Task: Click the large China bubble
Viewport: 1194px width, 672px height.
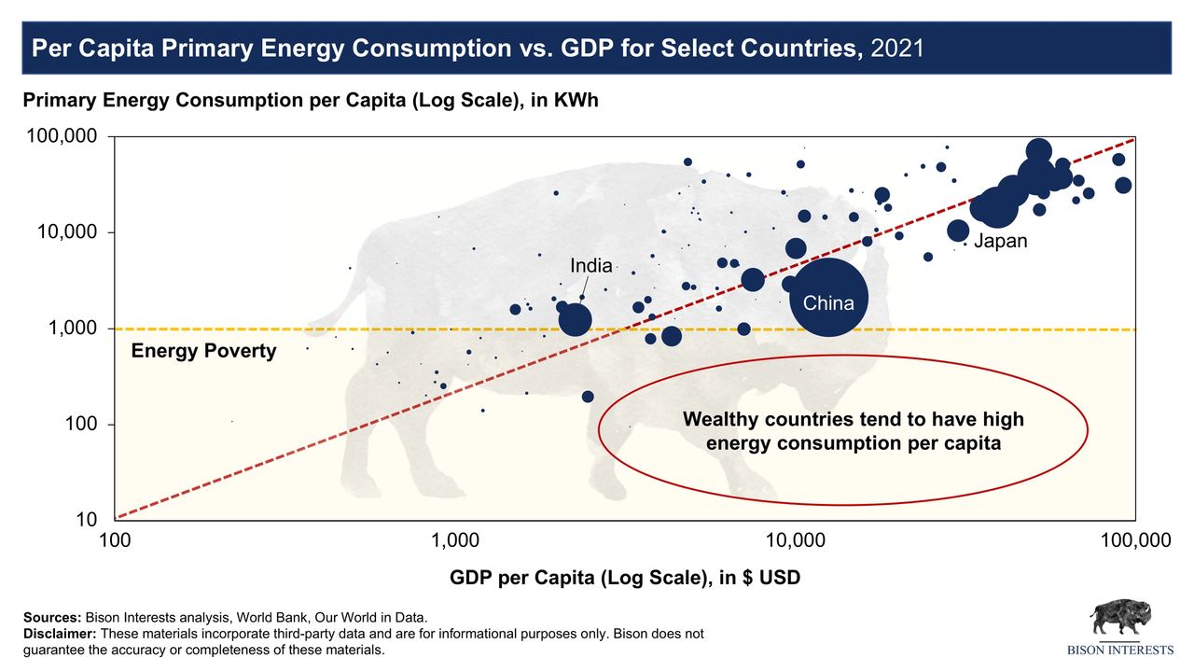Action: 828,297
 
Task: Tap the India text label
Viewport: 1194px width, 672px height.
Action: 591,266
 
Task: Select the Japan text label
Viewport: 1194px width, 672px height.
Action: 1001,242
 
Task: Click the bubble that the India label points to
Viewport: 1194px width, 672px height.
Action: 576,319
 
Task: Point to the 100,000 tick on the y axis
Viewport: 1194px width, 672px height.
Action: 61,137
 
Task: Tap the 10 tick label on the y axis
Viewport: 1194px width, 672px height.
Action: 87,520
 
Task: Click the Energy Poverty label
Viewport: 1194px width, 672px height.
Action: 203,352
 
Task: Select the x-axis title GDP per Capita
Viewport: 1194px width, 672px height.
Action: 624,578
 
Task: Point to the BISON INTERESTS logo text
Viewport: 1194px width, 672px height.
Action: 1120,650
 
